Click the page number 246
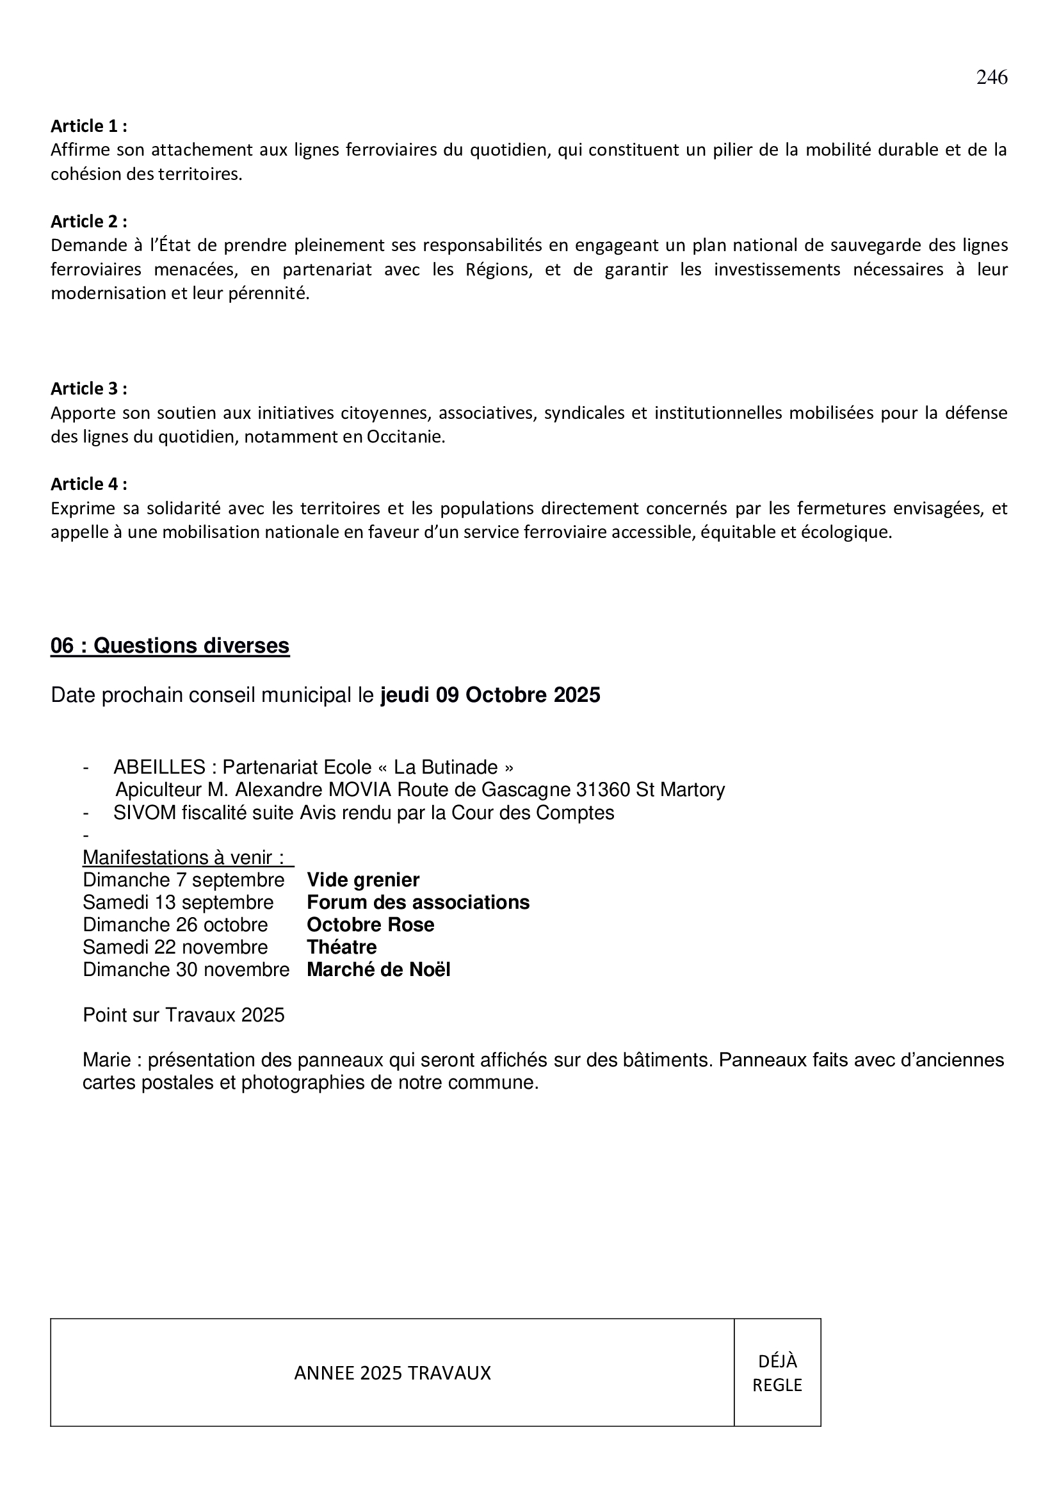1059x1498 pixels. click(x=991, y=77)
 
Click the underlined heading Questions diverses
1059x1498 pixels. click(x=170, y=646)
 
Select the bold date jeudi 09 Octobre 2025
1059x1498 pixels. click(x=490, y=696)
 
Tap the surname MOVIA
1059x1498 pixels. click(x=360, y=790)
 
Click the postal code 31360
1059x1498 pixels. click(x=603, y=790)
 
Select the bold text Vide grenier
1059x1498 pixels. click(x=362, y=880)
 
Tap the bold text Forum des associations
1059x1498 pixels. click(x=418, y=902)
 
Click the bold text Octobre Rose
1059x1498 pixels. click(x=370, y=925)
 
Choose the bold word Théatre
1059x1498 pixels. click(x=342, y=947)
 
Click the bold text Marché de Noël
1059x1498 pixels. click(x=378, y=970)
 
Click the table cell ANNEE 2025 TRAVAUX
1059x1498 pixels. click(x=392, y=1373)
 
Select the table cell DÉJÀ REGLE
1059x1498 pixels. click(x=777, y=1373)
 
